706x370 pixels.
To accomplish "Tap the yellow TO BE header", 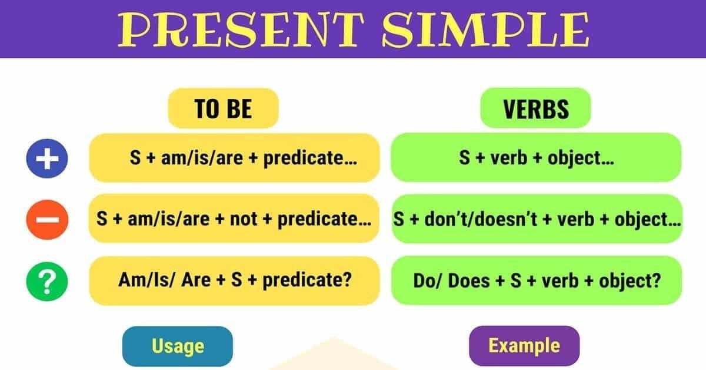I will point(223,108).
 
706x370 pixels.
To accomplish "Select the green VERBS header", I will point(535,108).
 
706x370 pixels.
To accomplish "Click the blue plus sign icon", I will point(48,158).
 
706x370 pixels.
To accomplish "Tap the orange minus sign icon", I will point(48,220).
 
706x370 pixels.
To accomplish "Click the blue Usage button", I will point(178,346).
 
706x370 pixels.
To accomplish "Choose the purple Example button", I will point(524,345).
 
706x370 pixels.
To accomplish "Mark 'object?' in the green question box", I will point(628,280).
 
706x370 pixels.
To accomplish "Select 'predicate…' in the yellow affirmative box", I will point(311,158).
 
